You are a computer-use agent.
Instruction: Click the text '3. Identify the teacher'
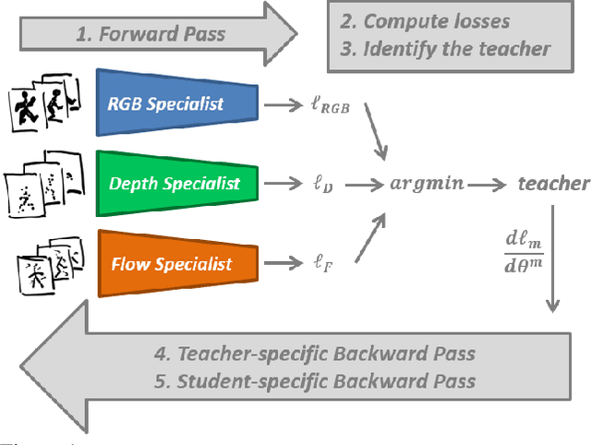(x=444, y=49)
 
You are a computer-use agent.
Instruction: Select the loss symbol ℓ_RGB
(x=334, y=105)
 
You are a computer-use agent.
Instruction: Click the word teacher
(x=552, y=184)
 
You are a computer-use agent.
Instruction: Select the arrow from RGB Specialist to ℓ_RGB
(x=280, y=105)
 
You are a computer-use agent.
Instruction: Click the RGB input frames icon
(x=43, y=104)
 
